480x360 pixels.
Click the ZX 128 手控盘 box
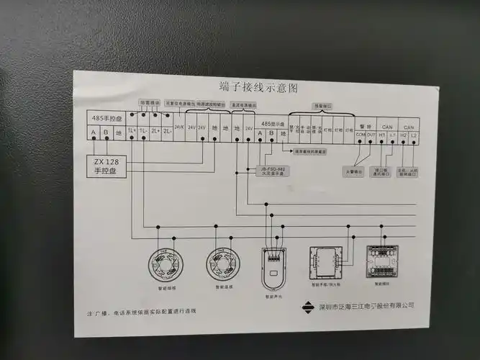[x=108, y=167]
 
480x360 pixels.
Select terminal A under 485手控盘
[x=94, y=131]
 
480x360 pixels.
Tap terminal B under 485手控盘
[x=106, y=131]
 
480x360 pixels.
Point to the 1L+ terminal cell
[x=130, y=131]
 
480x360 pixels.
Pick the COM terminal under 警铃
[x=360, y=135]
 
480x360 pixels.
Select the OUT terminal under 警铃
[x=371, y=135]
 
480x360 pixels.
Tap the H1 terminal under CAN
[x=382, y=135]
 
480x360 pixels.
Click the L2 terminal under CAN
[x=414, y=135]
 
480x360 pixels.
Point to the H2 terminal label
[x=404, y=135]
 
